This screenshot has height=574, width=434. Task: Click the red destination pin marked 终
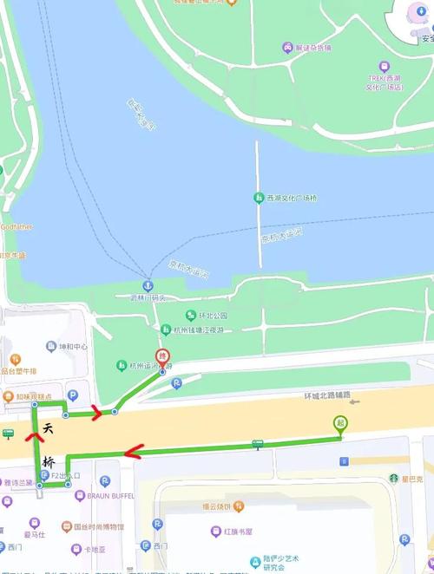(161, 356)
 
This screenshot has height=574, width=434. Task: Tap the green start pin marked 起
(341, 424)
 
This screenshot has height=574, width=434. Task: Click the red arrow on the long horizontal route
(132, 451)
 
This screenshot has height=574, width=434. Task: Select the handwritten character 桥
(49, 461)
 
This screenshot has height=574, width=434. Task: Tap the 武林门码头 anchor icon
(148, 286)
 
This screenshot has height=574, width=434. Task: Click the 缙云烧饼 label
(223, 506)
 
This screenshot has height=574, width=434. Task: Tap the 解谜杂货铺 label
(312, 48)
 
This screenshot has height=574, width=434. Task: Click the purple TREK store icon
(385, 66)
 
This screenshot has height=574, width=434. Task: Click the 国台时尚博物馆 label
(97, 526)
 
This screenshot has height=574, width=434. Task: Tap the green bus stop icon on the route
(257, 445)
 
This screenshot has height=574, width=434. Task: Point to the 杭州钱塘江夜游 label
(197, 329)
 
